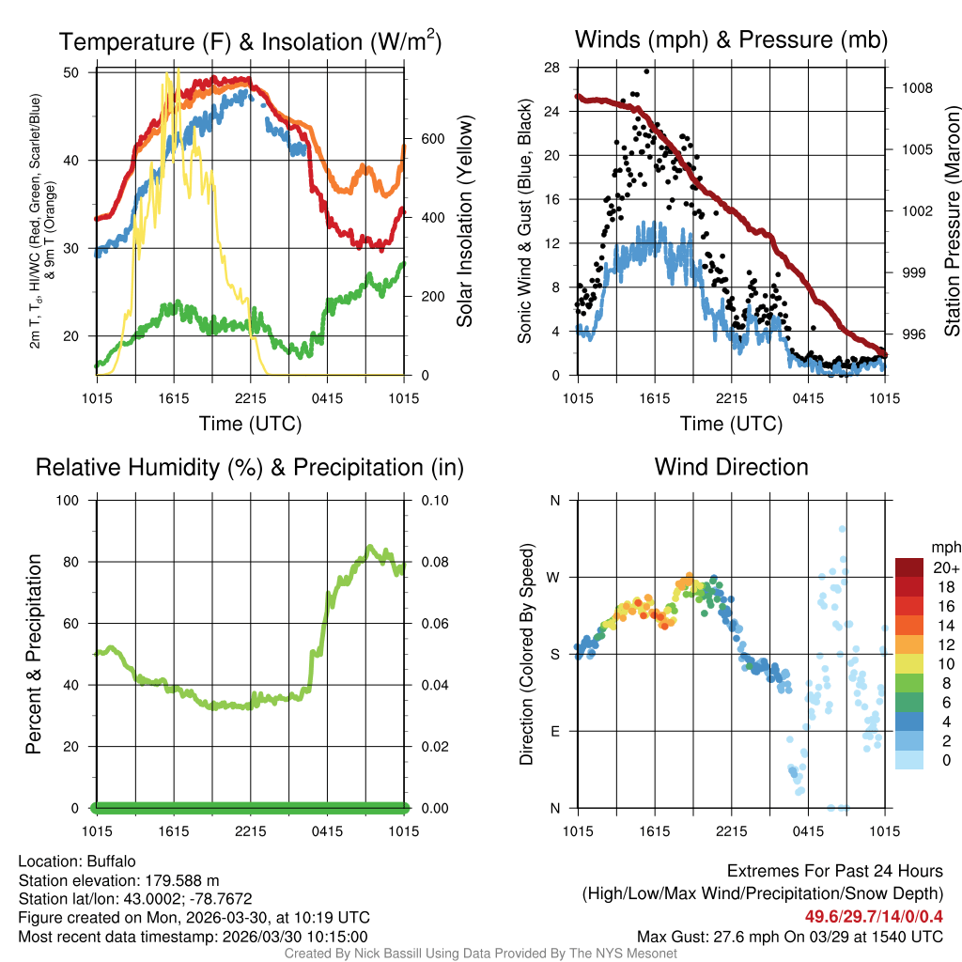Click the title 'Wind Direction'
[x=731, y=467]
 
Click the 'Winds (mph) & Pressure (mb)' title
[x=731, y=40]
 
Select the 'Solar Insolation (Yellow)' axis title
[x=465, y=222]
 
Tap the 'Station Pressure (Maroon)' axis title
[x=952, y=222]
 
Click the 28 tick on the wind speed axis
[x=552, y=68]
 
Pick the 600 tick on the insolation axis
[x=432, y=139]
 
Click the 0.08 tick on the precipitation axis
[x=434, y=563]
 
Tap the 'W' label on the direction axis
[x=554, y=578]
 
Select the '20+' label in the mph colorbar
[x=944, y=568]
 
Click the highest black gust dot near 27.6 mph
[x=646, y=71]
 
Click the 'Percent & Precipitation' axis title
[x=34, y=654]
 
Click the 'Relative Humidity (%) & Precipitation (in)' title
[x=249, y=467]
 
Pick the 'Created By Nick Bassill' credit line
[x=480, y=954]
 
